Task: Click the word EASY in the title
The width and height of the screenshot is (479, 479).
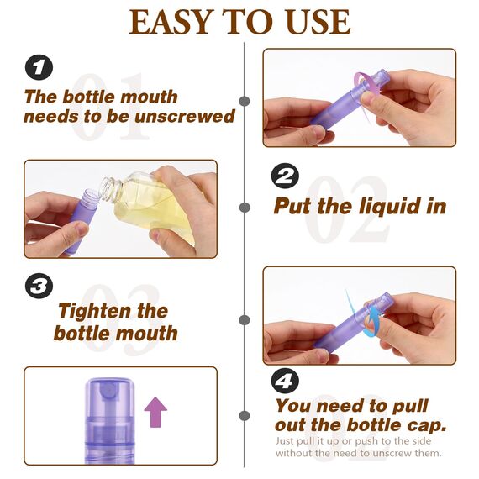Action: click(x=169, y=23)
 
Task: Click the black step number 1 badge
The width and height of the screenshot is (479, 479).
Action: click(x=38, y=67)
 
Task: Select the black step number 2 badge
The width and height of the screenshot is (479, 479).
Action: click(x=285, y=176)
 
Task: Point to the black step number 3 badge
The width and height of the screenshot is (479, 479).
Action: click(x=38, y=286)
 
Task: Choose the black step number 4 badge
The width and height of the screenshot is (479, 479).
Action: click(x=285, y=381)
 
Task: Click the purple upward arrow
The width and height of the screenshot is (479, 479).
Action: click(x=155, y=413)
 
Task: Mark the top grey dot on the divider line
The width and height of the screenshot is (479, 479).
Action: click(x=245, y=101)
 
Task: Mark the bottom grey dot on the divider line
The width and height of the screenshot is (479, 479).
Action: click(x=245, y=416)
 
